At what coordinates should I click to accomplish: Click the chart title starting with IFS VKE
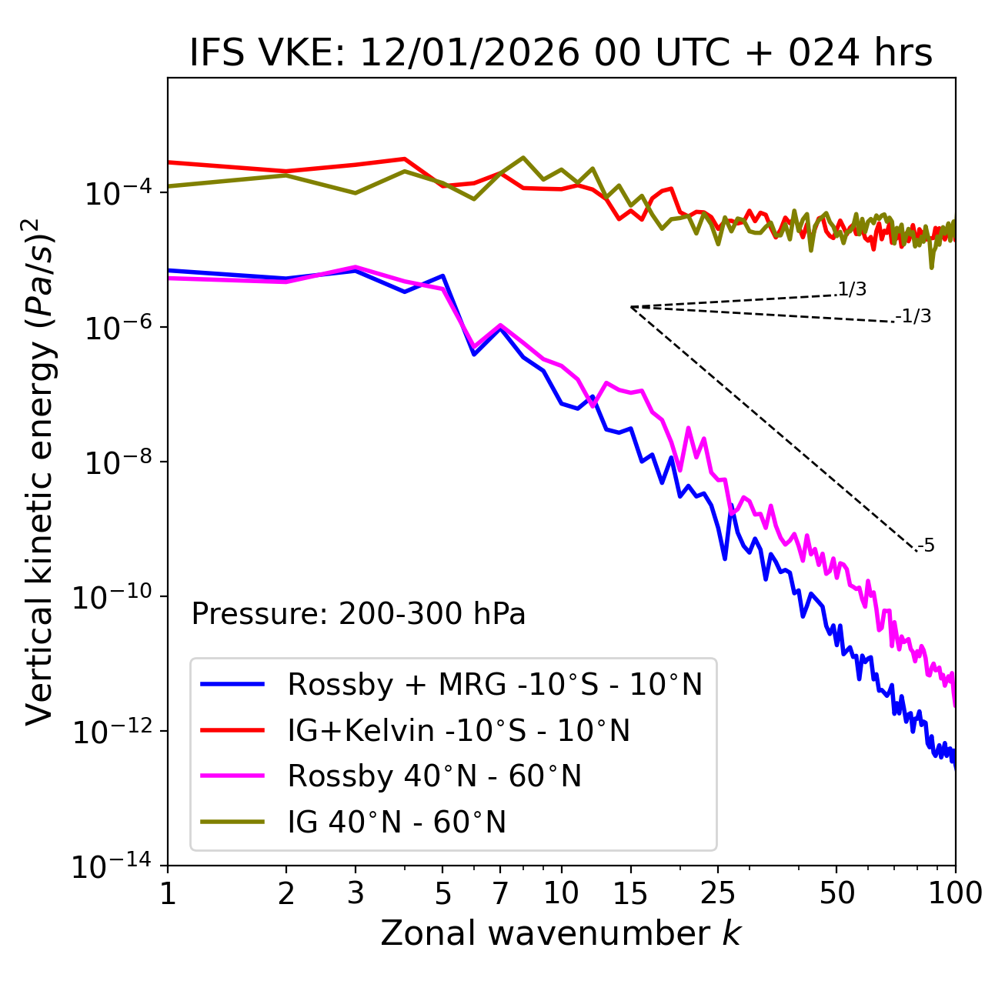561,54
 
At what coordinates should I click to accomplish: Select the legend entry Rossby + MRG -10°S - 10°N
495,684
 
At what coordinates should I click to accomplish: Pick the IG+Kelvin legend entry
459,730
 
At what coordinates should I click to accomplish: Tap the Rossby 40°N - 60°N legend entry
434,776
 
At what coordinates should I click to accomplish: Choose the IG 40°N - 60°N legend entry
396,822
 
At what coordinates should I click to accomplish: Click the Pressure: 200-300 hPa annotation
359,614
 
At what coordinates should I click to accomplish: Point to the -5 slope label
926,546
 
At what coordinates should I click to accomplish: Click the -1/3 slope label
914,316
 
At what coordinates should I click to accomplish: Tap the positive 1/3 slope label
852,289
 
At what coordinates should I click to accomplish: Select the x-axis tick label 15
630,893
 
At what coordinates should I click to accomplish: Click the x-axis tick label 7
500,893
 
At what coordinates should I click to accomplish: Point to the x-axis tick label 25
718,893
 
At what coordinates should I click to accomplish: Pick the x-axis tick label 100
954,893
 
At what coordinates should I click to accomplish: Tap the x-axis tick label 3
356,893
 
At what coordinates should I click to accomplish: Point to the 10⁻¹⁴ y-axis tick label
112,867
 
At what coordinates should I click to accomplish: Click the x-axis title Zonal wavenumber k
561,933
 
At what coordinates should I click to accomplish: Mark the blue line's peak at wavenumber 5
442,275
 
